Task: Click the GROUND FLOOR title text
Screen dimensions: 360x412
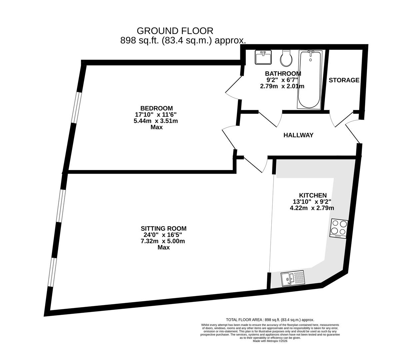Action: pos(175,31)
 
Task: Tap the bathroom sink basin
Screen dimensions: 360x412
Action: pos(263,57)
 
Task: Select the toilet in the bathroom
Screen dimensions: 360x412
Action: pos(286,58)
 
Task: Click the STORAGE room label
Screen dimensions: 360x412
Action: pos(344,80)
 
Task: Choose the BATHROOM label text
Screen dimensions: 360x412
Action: pos(283,73)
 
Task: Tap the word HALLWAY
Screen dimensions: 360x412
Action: pos(298,135)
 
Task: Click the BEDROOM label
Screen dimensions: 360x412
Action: pos(156,108)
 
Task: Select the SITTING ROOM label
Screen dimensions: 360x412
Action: pos(163,228)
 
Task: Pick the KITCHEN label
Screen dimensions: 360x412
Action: pos(313,195)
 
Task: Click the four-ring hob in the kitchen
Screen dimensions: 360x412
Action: pos(339,229)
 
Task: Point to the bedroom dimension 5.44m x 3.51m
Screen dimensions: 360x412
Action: pos(156,121)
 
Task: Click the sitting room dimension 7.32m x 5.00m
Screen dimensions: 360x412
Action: pos(163,241)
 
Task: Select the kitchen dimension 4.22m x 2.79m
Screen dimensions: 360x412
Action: pos(312,208)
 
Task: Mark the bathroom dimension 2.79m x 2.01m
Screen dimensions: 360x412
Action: pos(282,86)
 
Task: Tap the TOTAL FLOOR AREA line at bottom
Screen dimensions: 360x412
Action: pos(270,320)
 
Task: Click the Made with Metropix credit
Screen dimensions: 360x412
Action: pos(270,341)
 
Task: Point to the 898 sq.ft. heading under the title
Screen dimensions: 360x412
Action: pos(183,41)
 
